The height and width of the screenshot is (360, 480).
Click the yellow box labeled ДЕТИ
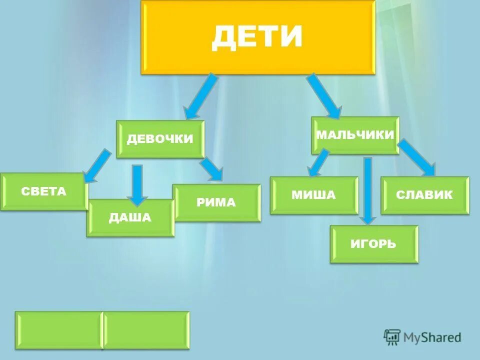pos(258,37)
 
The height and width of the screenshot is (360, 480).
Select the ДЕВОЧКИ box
pos(160,139)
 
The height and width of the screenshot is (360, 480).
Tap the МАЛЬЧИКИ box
pos(355,135)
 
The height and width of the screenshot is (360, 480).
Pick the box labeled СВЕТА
pos(44,191)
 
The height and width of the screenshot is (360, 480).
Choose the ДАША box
pos(130,217)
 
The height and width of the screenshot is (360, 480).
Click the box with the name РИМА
pos(216,202)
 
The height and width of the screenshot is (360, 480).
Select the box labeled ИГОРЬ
pos(373,244)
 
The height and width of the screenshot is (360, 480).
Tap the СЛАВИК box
pos(424,195)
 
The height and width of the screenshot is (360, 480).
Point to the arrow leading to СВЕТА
pos(98,165)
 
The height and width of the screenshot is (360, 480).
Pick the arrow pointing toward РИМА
pos(212,169)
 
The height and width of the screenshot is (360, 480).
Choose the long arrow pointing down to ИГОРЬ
pos(368,190)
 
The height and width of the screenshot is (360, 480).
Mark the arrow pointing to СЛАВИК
pos(417,157)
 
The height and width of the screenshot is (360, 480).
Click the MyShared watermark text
pos(431,337)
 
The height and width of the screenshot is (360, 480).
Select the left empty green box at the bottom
pos(58,329)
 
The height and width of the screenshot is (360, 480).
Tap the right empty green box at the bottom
pos(146,329)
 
